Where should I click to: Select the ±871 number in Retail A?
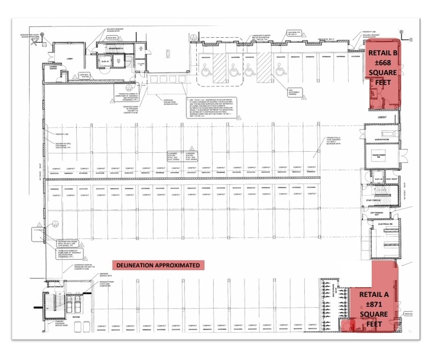tap(374, 304)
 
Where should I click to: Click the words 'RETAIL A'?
tap(374, 294)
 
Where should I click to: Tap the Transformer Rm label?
tap(383, 156)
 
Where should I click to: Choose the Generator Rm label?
tap(382, 140)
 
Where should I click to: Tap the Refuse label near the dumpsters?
tap(75, 318)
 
